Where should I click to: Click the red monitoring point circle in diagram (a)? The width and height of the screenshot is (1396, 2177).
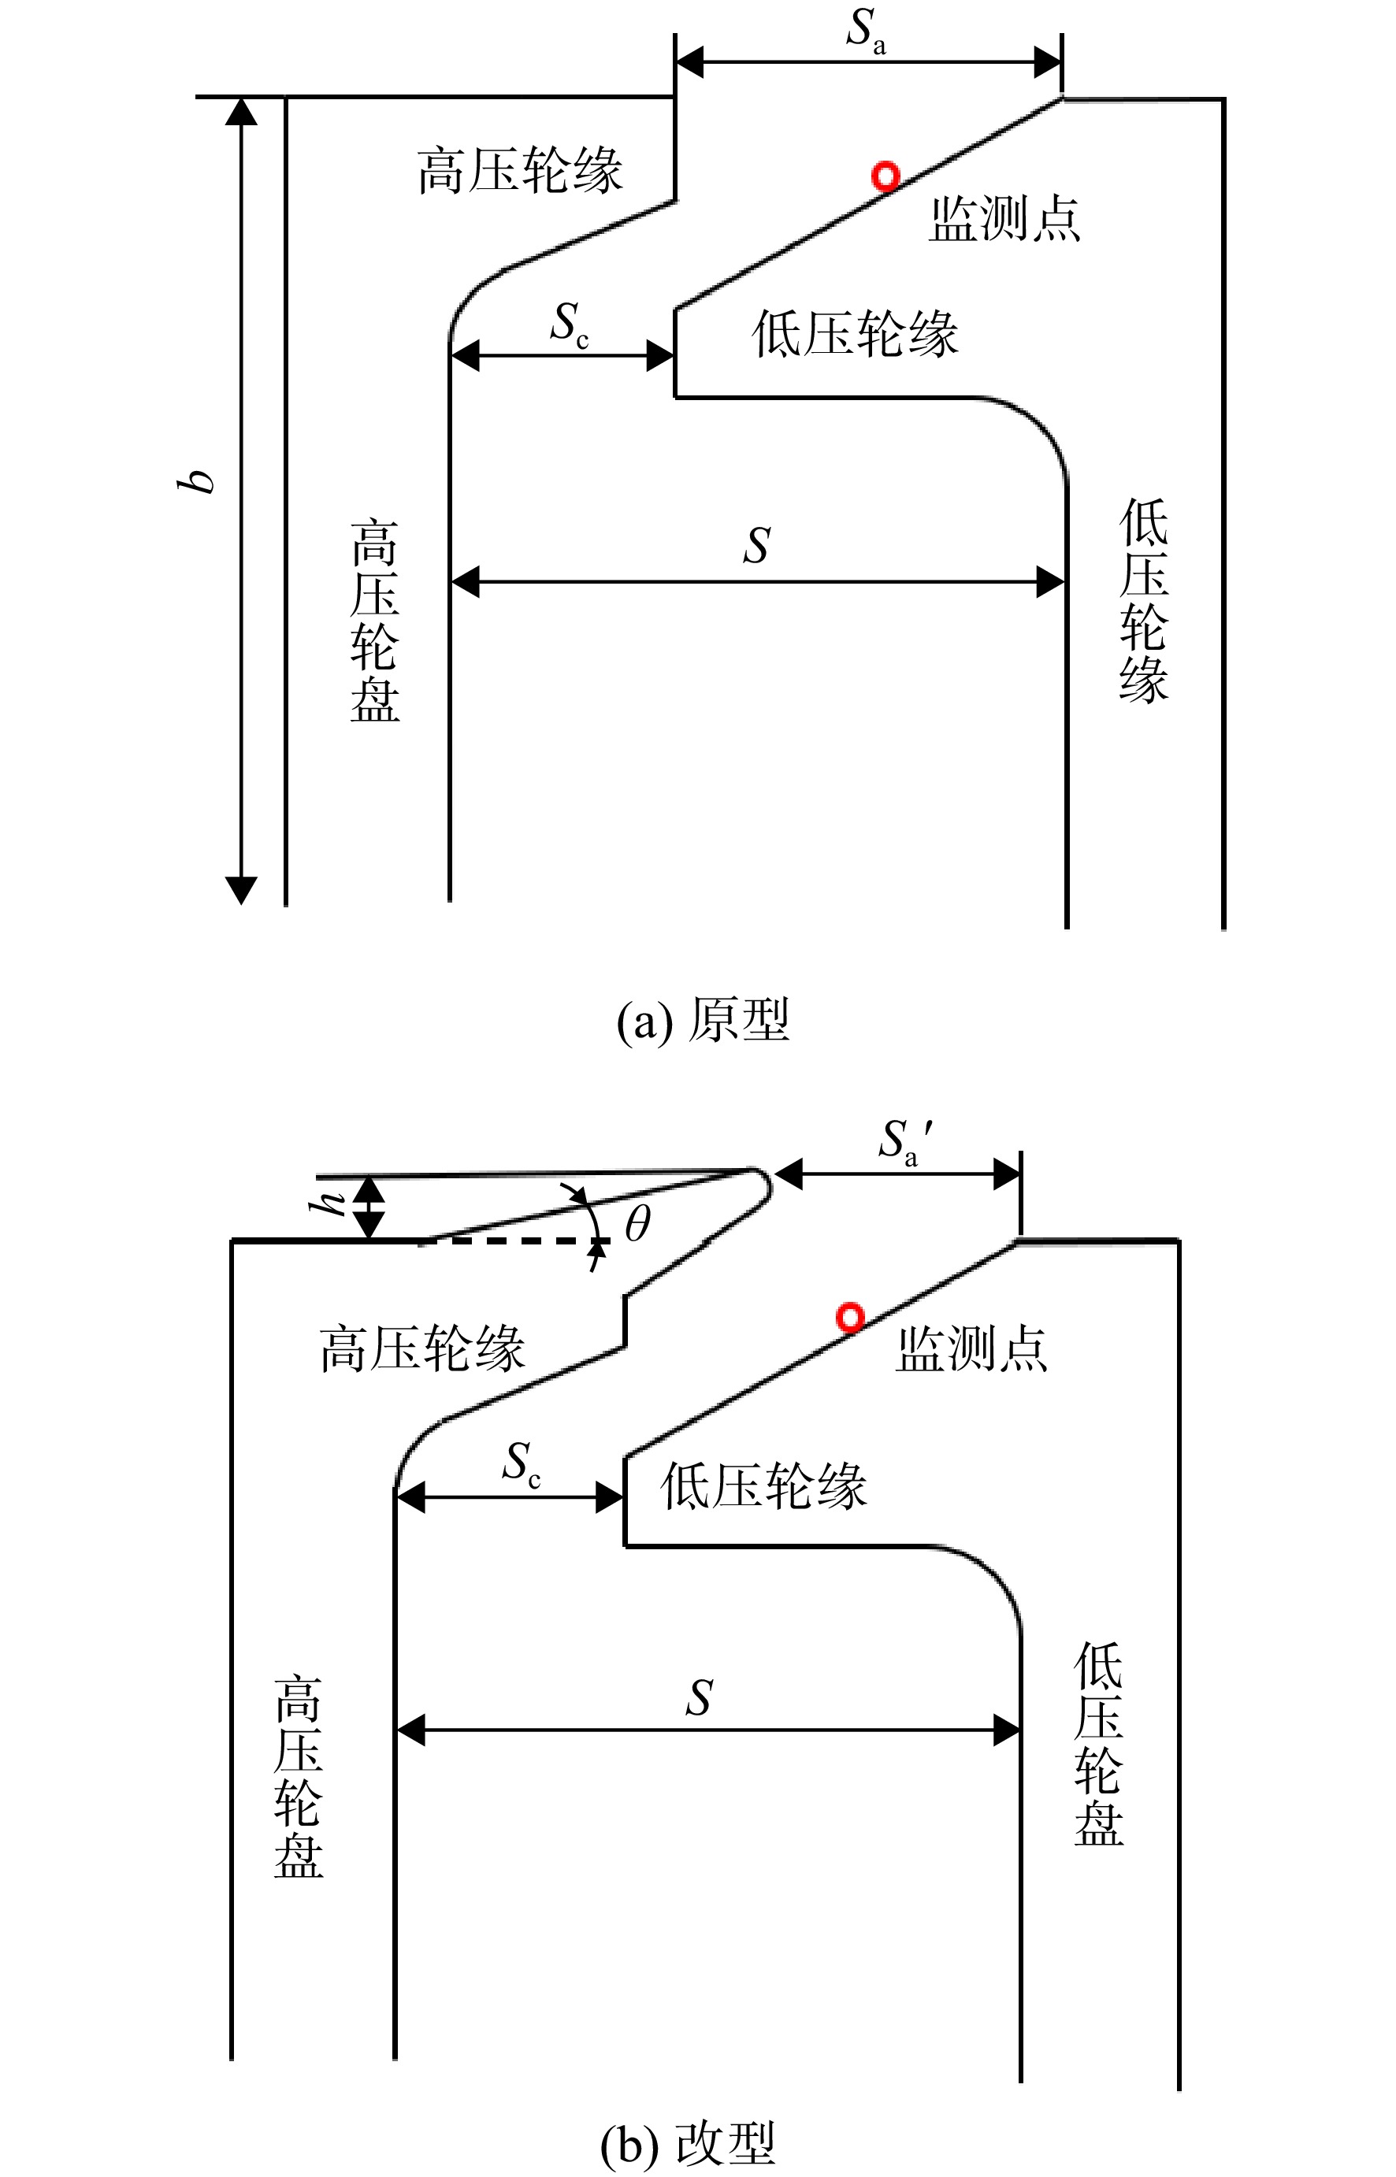click(x=885, y=176)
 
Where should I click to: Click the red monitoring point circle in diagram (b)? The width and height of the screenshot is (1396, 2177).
click(x=849, y=1317)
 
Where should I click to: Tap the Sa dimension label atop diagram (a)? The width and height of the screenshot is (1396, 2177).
click(x=867, y=31)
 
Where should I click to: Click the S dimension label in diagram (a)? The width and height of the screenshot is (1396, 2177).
click(x=756, y=546)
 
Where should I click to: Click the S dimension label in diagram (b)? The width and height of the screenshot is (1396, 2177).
click(x=699, y=1697)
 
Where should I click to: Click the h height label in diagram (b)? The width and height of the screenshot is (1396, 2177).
click(x=327, y=1203)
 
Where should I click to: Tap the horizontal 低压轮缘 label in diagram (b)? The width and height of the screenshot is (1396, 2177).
click(x=763, y=1485)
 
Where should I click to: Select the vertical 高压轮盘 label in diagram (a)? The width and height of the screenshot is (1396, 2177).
click(x=375, y=621)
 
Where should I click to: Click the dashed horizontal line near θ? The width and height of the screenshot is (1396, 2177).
click(x=512, y=1241)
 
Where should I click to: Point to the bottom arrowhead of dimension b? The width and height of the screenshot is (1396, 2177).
click(x=241, y=890)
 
